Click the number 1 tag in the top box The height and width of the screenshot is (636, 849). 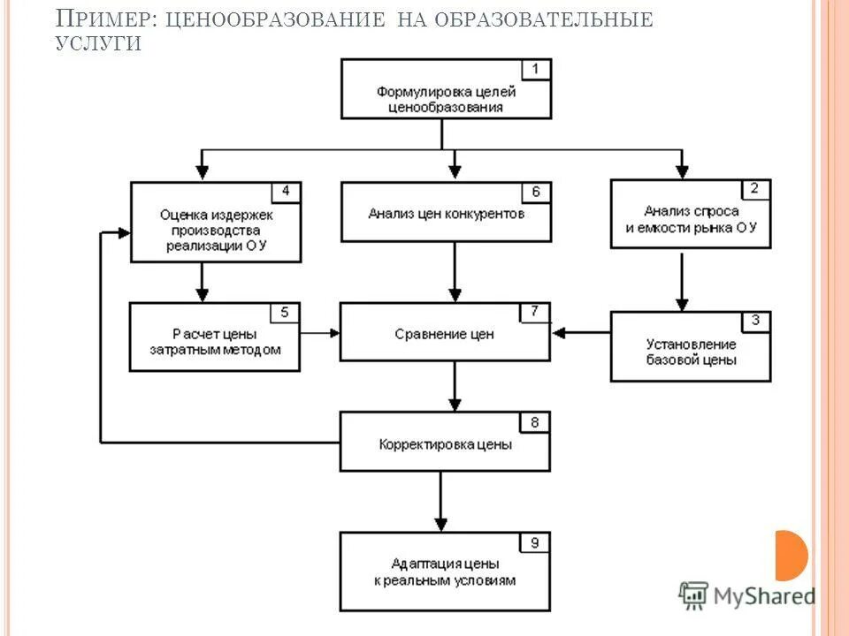(x=536, y=69)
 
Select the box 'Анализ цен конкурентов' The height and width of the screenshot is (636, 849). (x=446, y=213)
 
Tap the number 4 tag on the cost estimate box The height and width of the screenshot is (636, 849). (x=286, y=191)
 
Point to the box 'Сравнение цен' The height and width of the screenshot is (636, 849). (x=445, y=335)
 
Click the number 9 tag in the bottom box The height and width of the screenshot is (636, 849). (x=535, y=541)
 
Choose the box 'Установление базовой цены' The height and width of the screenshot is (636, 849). (x=690, y=351)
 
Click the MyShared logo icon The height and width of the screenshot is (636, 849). (x=694, y=596)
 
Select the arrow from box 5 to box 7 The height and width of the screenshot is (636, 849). (x=320, y=333)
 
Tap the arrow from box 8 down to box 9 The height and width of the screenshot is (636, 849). (x=440, y=500)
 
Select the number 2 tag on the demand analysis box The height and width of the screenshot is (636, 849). (x=754, y=188)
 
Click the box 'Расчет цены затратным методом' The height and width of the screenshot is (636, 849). (x=215, y=340)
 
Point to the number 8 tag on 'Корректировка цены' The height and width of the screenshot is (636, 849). (x=534, y=421)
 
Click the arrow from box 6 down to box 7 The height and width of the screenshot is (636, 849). (x=455, y=272)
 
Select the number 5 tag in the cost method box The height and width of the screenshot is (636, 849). (x=285, y=312)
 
